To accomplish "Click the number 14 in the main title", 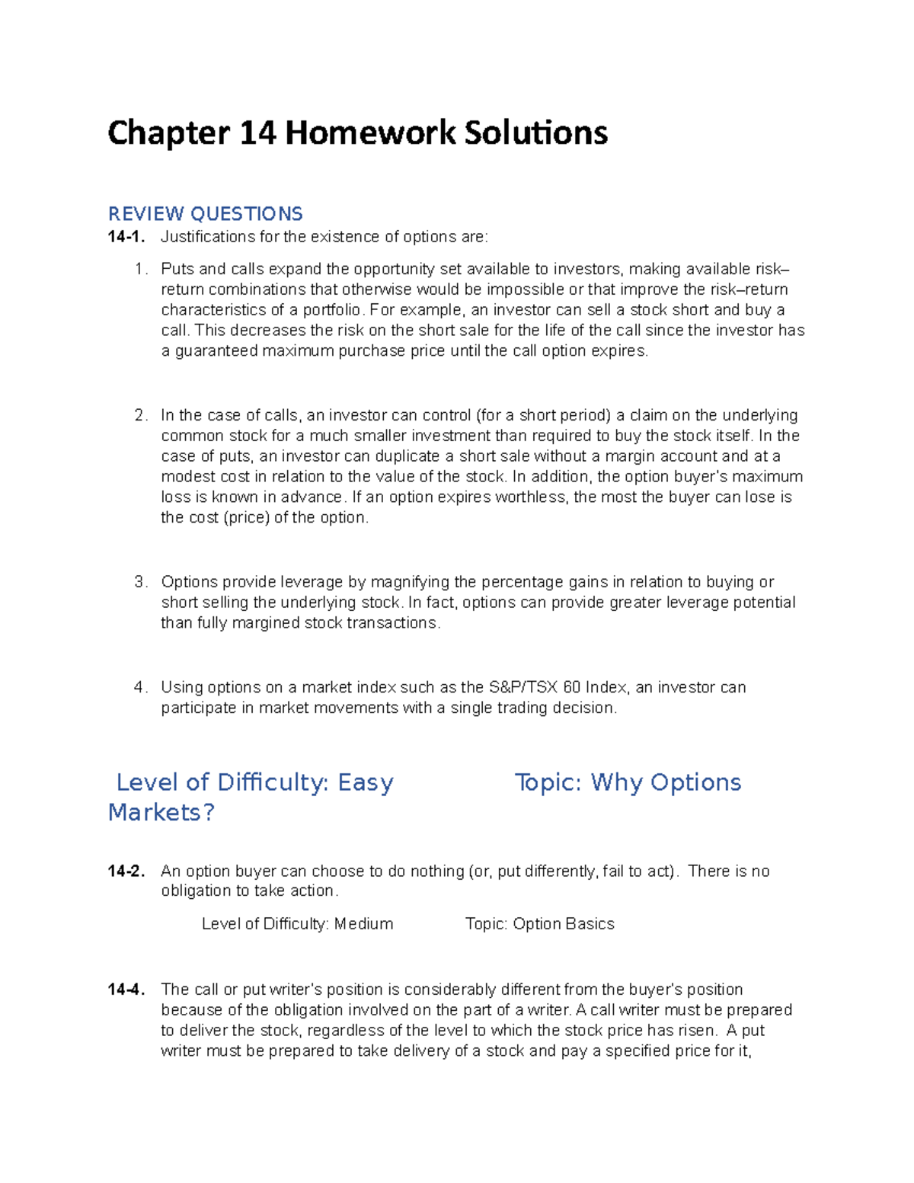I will (257, 133).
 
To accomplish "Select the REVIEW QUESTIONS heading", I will (205, 213).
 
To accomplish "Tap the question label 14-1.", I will (126, 237).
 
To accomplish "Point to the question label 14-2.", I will (126, 871).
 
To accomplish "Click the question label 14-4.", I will (126, 990).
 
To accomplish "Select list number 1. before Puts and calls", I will (140, 269).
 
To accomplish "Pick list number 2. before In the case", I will (140, 415).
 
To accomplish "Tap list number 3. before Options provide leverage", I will (140, 582).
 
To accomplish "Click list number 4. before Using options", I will (140, 687).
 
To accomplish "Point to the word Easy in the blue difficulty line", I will (366, 782).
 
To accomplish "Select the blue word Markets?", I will (161, 812).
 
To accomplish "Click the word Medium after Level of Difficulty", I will (363, 924).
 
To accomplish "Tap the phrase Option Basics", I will (564, 924).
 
